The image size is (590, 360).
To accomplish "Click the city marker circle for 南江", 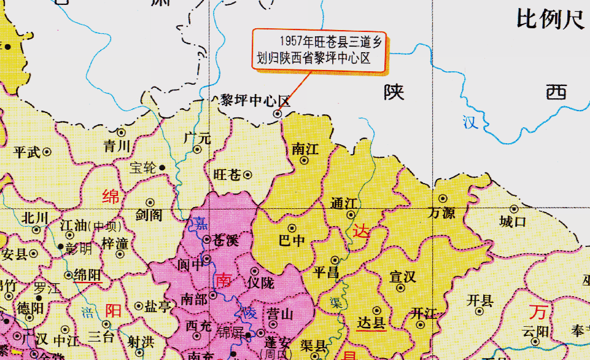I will [x=304, y=160].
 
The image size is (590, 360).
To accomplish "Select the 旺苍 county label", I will [x=227, y=174].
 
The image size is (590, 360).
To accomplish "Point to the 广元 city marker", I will [x=198, y=149].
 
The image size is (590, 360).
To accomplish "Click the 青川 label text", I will [x=117, y=146].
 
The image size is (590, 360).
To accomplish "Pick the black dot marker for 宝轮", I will [x=162, y=167].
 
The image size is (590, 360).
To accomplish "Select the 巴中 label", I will [x=292, y=241].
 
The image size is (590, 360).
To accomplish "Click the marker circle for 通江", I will [x=351, y=215].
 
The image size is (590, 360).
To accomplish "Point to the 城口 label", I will [x=513, y=222].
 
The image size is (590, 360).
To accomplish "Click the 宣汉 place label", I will [x=402, y=277].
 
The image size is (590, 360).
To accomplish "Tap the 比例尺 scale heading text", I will [x=550, y=20].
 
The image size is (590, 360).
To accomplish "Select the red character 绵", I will [x=111, y=197].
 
